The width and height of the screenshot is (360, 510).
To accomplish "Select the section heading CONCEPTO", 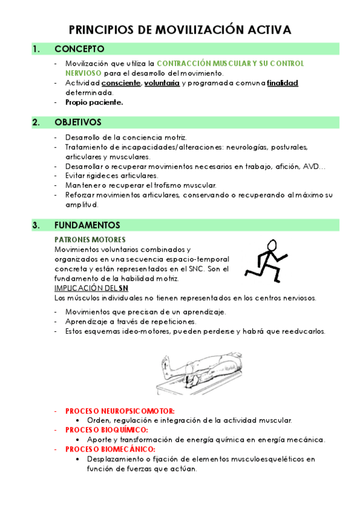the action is coord(79,49).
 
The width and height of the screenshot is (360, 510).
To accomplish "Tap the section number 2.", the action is coord(36,122).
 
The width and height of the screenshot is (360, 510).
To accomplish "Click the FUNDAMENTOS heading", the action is coord(87,225).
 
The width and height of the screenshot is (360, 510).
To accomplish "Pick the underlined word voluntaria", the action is coord(162,83).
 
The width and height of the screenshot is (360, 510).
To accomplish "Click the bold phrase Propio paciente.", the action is coord(94,102).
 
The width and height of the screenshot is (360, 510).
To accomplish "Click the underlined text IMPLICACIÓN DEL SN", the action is coord(91,288).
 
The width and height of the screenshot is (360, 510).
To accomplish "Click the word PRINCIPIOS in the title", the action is coord(102,29).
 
